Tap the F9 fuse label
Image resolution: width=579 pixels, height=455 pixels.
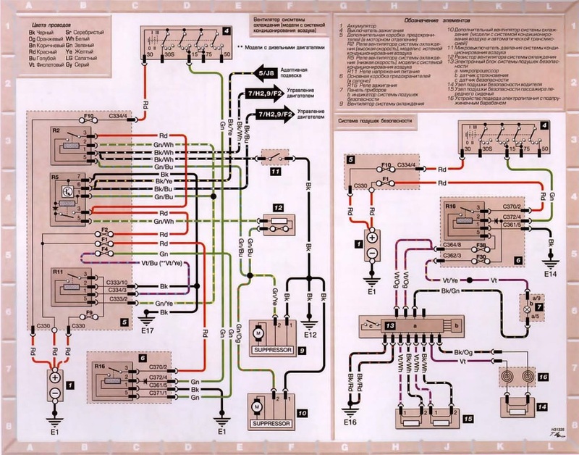coord(89,312)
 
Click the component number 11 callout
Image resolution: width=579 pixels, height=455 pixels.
coord(276,174)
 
